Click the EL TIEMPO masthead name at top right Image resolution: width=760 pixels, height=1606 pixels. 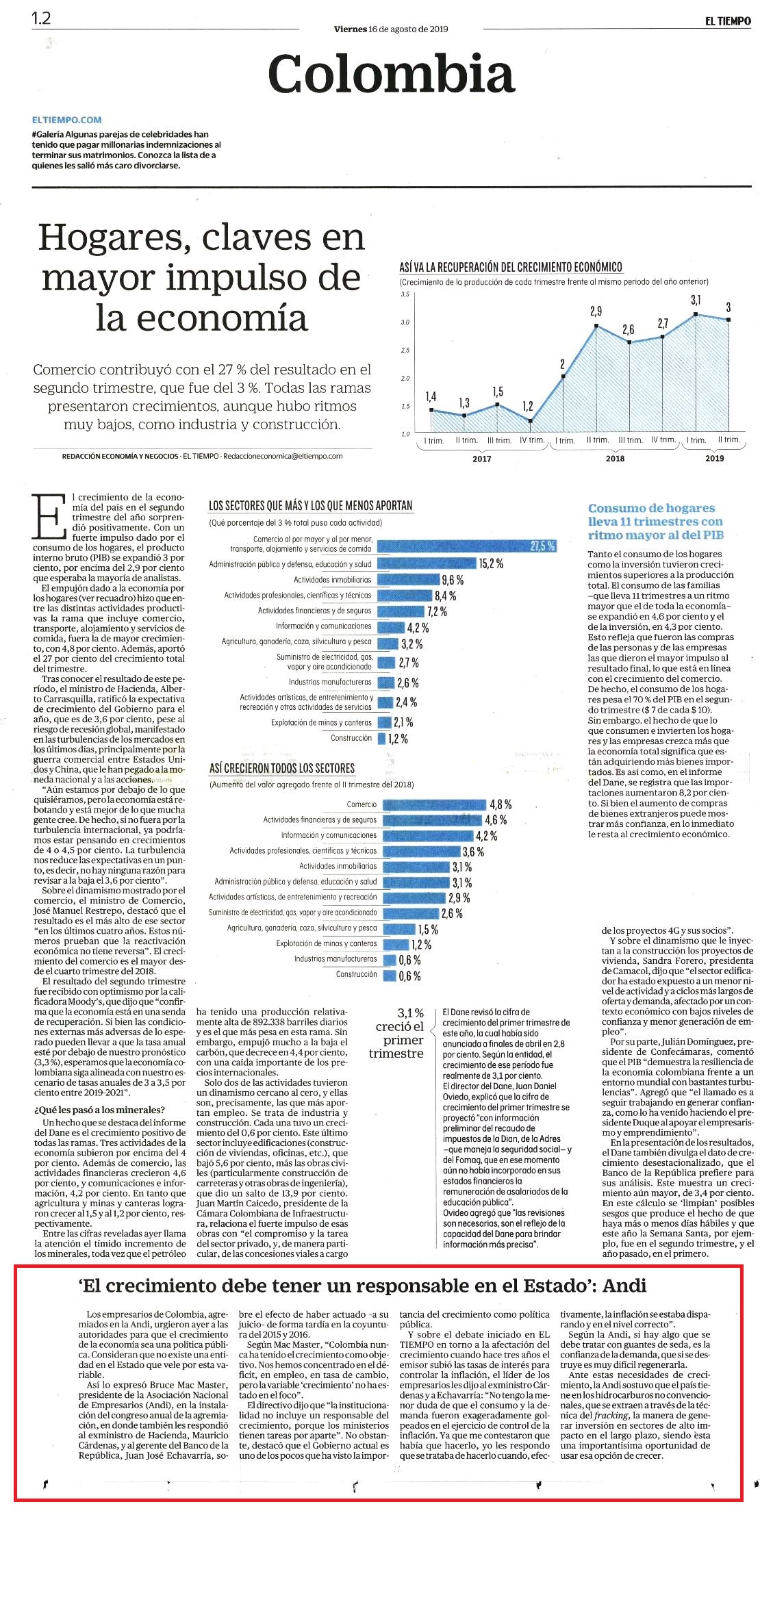(728, 21)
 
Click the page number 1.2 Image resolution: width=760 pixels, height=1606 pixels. (41, 18)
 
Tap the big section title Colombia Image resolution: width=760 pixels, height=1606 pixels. (391, 74)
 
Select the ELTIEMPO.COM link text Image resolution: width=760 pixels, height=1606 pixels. (66, 120)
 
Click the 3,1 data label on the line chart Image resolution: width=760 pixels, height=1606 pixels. (696, 300)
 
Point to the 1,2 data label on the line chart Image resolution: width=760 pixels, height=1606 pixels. (527, 406)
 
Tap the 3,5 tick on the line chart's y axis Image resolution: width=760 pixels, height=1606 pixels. (405, 294)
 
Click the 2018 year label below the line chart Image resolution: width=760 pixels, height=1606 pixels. (615, 459)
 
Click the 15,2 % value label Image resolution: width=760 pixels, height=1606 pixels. (491, 563)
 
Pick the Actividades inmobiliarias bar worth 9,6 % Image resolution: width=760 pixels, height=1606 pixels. (408, 579)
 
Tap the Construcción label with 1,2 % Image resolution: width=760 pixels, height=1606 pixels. (351, 738)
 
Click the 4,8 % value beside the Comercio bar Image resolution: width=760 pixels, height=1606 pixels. (501, 804)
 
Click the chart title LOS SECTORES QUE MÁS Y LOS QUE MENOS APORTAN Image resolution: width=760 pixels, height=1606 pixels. (310, 505)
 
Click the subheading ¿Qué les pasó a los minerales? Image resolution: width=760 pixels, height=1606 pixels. (99, 1110)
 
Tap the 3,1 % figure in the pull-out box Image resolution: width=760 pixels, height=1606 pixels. (410, 1012)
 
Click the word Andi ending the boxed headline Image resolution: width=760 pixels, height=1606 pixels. (624, 1285)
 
